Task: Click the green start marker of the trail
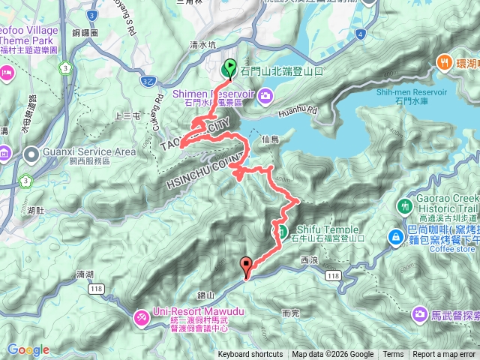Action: (x=229, y=68)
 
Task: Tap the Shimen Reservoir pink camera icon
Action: (x=268, y=95)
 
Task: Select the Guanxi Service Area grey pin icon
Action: (x=31, y=155)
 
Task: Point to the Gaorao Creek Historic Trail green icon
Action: (x=406, y=205)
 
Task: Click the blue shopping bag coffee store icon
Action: (x=394, y=237)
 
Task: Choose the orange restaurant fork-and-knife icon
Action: (x=445, y=64)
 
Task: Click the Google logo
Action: (x=28, y=349)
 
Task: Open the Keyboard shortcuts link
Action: (x=250, y=355)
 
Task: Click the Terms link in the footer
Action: (x=393, y=355)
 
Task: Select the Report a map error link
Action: (x=445, y=355)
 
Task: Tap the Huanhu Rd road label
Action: (x=298, y=113)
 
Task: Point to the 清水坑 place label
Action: (x=202, y=45)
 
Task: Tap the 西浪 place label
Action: (x=309, y=260)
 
